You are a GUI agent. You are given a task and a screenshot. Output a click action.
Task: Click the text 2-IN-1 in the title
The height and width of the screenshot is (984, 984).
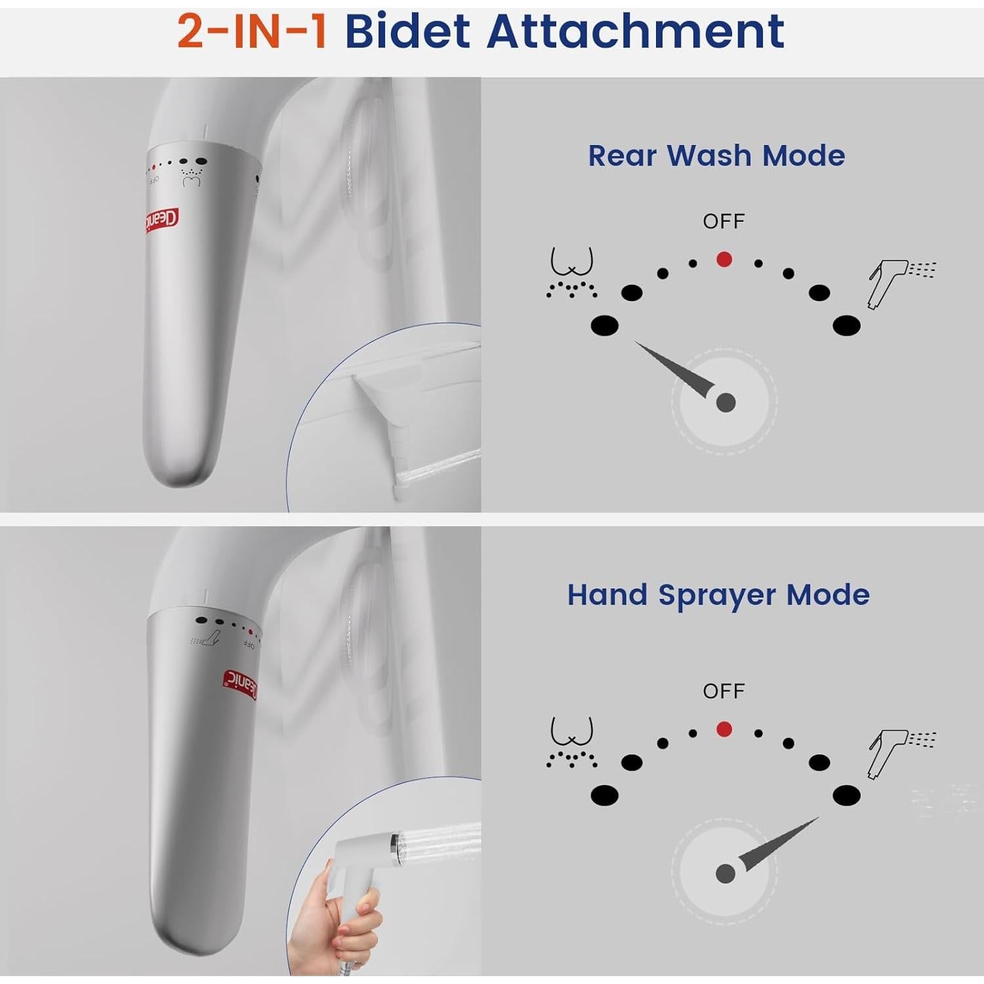(252, 31)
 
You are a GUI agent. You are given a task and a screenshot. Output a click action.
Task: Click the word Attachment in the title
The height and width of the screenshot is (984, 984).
(635, 31)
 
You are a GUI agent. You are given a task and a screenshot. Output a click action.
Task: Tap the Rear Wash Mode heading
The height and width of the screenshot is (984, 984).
(716, 156)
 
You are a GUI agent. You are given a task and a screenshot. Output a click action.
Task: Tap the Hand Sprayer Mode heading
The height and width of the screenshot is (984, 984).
(718, 595)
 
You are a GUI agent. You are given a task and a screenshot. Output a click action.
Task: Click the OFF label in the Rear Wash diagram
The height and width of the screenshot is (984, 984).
(724, 222)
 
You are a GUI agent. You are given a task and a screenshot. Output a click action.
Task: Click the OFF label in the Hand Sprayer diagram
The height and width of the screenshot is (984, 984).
(724, 691)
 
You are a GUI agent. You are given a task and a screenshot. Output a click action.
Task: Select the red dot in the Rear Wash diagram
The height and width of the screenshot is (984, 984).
(724, 260)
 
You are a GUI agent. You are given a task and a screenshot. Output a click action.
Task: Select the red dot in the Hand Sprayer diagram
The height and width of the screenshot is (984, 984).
(724, 729)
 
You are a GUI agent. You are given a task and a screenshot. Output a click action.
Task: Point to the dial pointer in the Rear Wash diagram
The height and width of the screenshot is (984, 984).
(676, 370)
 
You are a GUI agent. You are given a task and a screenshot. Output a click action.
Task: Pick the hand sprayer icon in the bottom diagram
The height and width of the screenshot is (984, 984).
(900, 752)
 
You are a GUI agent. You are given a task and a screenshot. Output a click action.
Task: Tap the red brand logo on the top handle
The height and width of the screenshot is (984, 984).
(162, 221)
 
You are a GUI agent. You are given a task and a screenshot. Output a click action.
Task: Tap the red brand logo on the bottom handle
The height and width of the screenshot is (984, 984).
(240, 685)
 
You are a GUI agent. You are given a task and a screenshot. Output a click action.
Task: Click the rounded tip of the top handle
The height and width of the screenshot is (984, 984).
(177, 469)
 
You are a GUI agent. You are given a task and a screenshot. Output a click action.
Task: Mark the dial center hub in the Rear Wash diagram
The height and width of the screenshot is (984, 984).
(726, 402)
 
